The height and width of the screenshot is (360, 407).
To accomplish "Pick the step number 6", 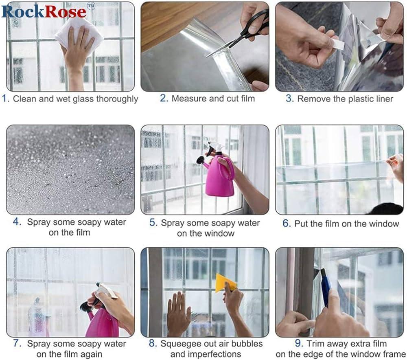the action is (x=287, y=224).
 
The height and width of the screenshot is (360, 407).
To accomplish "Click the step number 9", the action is (x=299, y=343).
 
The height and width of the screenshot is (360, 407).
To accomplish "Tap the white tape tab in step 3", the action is (x=337, y=45).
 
